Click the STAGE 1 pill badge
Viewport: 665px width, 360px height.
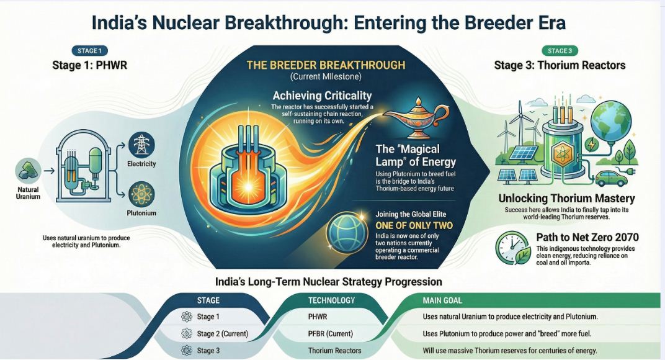(89, 51)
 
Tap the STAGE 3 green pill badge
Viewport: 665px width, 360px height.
(560, 51)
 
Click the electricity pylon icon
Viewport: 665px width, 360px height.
(141, 145)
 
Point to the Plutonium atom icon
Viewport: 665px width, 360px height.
(141, 194)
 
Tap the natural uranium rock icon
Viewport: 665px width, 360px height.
(28, 171)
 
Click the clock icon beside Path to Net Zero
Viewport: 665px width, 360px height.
(513, 248)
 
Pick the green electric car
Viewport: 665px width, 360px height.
(611, 178)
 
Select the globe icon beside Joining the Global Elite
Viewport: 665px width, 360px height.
(346, 233)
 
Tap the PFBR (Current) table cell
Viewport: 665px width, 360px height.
(331, 334)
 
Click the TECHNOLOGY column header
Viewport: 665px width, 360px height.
(331, 300)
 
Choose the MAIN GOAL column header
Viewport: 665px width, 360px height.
(442, 300)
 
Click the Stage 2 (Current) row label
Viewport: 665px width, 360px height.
(223, 334)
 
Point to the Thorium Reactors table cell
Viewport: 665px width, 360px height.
(334, 351)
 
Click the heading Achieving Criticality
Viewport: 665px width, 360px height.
(322, 96)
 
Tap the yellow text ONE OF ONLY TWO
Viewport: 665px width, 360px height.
(414, 225)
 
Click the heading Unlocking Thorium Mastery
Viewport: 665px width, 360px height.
(566, 198)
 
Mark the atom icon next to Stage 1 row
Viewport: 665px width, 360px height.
(187, 317)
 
